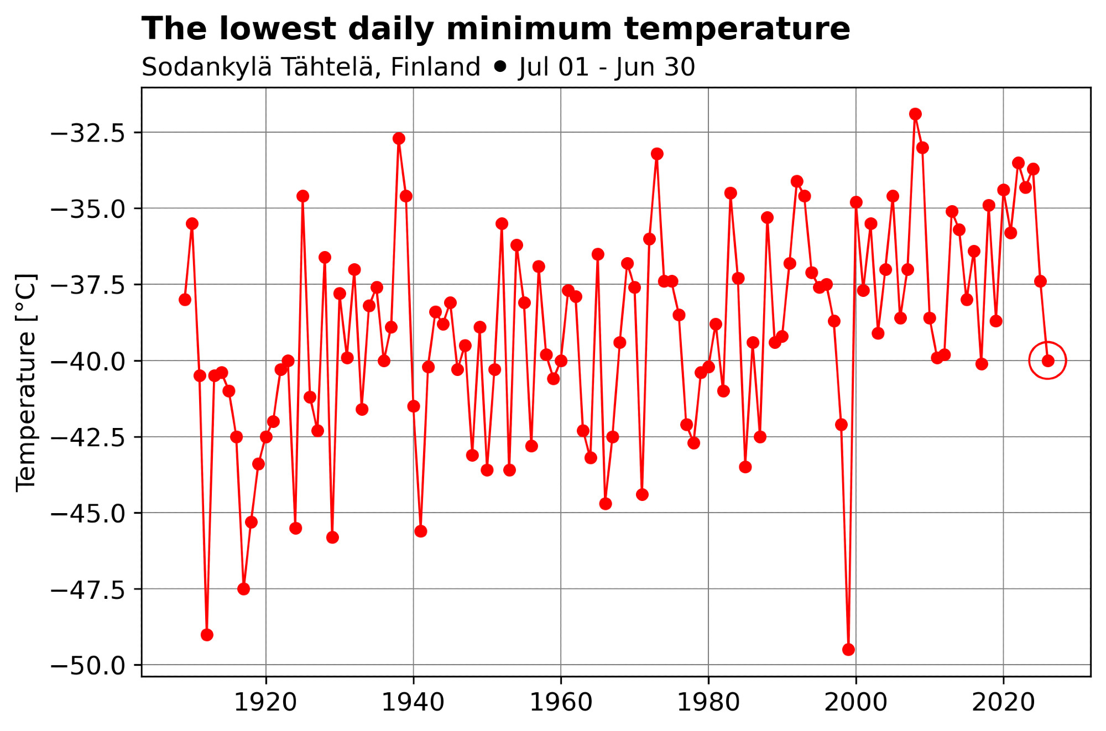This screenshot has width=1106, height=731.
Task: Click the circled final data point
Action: click(x=1047, y=361)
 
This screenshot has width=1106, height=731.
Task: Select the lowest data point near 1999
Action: click(x=848, y=649)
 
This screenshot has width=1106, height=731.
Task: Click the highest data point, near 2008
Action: click(x=915, y=114)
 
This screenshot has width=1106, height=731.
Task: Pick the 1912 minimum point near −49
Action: click(x=207, y=634)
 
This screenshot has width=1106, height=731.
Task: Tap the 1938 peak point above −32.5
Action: click(x=399, y=138)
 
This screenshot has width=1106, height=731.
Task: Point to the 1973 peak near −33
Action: click(x=657, y=154)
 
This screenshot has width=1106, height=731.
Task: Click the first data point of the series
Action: click(x=185, y=300)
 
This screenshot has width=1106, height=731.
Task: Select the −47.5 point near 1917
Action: click(x=244, y=589)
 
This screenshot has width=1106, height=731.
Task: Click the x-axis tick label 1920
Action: click(x=265, y=703)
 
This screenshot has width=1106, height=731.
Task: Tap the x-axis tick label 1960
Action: click(x=561, y=703)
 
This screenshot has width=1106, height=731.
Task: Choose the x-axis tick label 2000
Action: click(x=855, y=703)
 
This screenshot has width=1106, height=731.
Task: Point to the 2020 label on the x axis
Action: click(x=1003, y=703)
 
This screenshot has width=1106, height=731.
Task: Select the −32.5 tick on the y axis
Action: click(x=88, y=133)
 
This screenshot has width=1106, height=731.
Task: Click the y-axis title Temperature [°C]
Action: click(x=26, y=382)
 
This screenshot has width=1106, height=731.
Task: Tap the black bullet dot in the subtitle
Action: click(x=500, y=67)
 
